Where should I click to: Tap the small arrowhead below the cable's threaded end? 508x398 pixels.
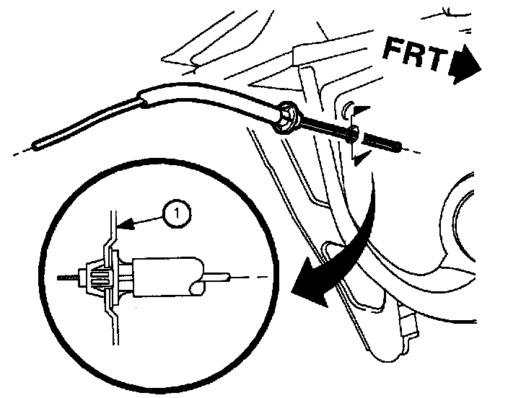(x=359, y=160)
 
